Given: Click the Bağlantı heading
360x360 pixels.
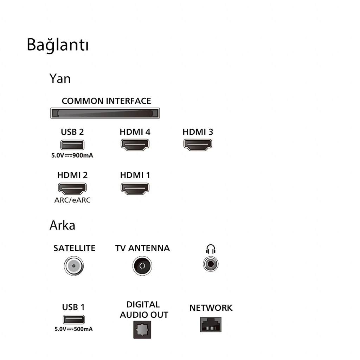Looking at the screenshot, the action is [x=58, y=45].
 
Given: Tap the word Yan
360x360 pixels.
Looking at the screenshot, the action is [x=60, y=79].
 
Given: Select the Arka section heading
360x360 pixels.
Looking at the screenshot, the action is [x=62, y=225].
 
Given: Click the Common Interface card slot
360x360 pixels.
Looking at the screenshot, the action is [x=105, y=113].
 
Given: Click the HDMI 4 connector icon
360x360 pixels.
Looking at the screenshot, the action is [x=135, y=144].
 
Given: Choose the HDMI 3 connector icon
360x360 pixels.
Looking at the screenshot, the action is [x=198, y=144].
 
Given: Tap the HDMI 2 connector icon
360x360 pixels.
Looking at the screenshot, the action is [x=72, y=188].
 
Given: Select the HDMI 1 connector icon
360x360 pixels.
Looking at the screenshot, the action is [x=135, y=188].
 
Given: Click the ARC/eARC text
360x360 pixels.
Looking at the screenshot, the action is [x=72, y=200].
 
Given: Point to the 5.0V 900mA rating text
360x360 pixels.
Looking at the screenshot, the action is [x=72, y=155].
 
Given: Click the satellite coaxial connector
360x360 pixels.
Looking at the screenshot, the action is [x=74, y=266].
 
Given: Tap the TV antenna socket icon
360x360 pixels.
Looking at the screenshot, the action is [x=142, y=266].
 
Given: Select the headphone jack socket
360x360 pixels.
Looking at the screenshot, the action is [x=211, y=264].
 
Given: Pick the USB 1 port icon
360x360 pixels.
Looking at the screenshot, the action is [x=74, y=319].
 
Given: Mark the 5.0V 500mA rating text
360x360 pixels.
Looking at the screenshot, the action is [x=74, y=329].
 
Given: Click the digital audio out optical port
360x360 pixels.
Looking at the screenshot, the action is [x=142, y=330].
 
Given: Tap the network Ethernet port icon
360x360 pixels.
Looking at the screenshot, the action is [x=211, y=324].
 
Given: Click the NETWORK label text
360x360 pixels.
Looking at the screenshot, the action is [x=211, y=308].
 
